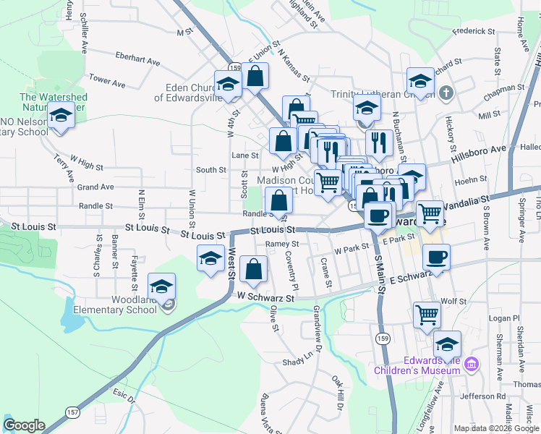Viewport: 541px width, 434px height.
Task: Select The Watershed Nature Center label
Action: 54,102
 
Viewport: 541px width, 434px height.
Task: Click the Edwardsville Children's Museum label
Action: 417,365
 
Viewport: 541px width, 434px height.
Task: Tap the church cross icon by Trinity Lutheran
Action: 446,93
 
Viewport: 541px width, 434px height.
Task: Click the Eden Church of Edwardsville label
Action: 187,93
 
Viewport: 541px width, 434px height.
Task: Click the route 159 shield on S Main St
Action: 381,337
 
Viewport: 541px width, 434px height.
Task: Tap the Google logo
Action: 24,425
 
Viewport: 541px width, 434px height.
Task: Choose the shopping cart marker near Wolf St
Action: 426,315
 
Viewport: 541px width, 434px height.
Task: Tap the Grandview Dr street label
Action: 318,323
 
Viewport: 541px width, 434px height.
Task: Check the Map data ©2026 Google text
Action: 496,428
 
